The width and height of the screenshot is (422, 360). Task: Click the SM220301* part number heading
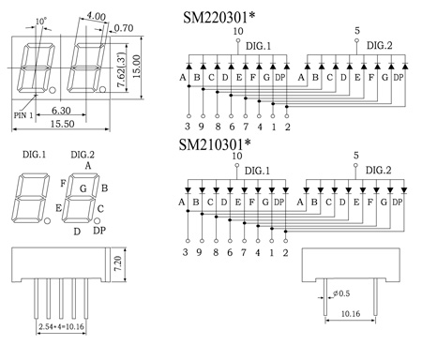pos(219,18)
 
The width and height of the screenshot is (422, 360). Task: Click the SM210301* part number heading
pos(215,144)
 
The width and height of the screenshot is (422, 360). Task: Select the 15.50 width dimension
pos(63,124)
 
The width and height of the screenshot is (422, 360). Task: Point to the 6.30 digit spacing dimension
pos(61,111)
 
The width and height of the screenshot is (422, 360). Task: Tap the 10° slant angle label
pos(40,22)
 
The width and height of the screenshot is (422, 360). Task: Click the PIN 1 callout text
pos(23,115)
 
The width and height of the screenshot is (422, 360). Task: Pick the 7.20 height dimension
pos(118,264)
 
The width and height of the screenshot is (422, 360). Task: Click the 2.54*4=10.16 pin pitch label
pos(61,327)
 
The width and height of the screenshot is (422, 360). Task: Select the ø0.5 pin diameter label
pos(341,293)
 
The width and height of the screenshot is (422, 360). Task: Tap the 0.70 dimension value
pos(124,28)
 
